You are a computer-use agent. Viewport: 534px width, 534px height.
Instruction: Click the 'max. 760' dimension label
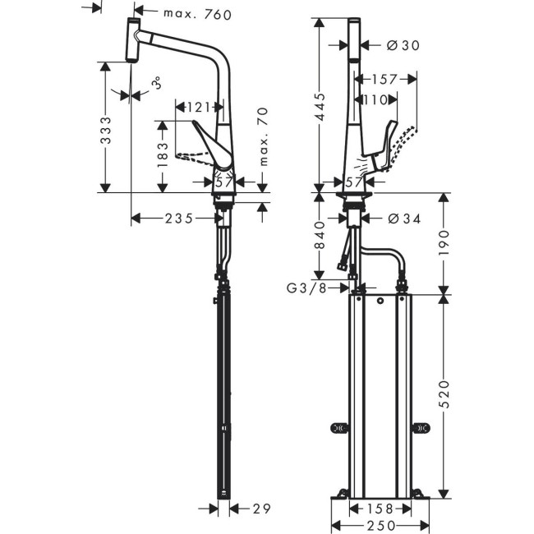197,14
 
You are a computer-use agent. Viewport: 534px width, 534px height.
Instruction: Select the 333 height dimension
105,130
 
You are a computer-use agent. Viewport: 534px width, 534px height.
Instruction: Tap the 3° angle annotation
155,83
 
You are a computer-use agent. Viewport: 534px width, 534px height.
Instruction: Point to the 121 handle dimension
198,107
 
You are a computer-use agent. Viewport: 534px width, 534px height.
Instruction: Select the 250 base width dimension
380,525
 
